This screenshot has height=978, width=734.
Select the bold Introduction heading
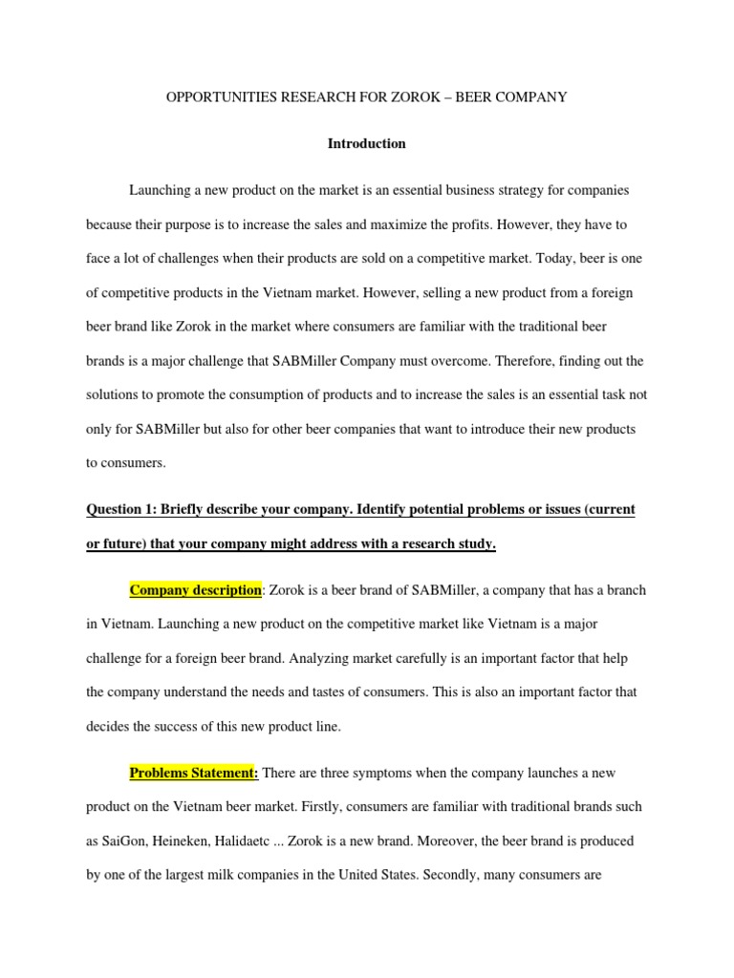click(x=367, y=143)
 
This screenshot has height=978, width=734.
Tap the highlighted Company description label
click(x=195, y=589)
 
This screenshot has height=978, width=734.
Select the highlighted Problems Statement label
click(x=195, y=772)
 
